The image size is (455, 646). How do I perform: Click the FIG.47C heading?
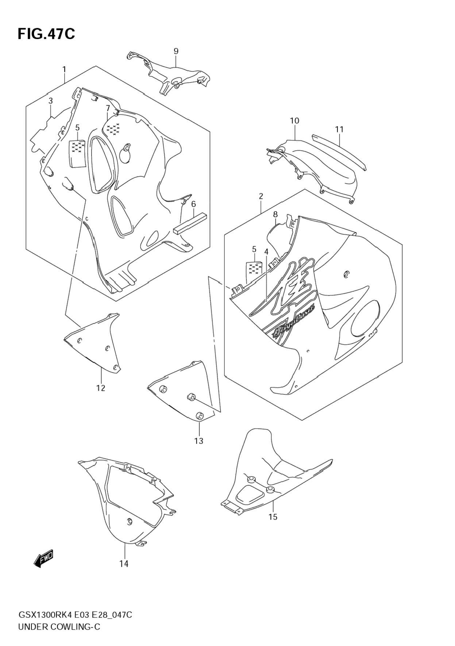click(46, 34)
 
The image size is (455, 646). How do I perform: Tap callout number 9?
click(176, 51)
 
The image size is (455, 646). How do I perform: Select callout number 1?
click(64, 69)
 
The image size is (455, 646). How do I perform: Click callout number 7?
click(108, 108)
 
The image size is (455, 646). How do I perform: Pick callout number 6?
click(193, 204)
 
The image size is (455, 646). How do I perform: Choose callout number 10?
click(294, 121)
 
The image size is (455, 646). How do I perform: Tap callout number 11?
click(339, 129)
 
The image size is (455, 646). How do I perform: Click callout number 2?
click(261, 196)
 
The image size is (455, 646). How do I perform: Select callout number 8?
click(275, 214)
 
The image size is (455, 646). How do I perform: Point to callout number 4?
click(266, 252)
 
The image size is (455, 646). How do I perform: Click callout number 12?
click(101, 388)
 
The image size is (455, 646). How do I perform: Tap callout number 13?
click(198, 441)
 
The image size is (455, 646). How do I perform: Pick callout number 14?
click(124, 564)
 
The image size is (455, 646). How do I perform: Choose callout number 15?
click(273, 517)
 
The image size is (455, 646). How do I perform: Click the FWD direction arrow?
click(43, 559)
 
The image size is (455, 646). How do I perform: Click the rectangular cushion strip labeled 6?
click(190, 224)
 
